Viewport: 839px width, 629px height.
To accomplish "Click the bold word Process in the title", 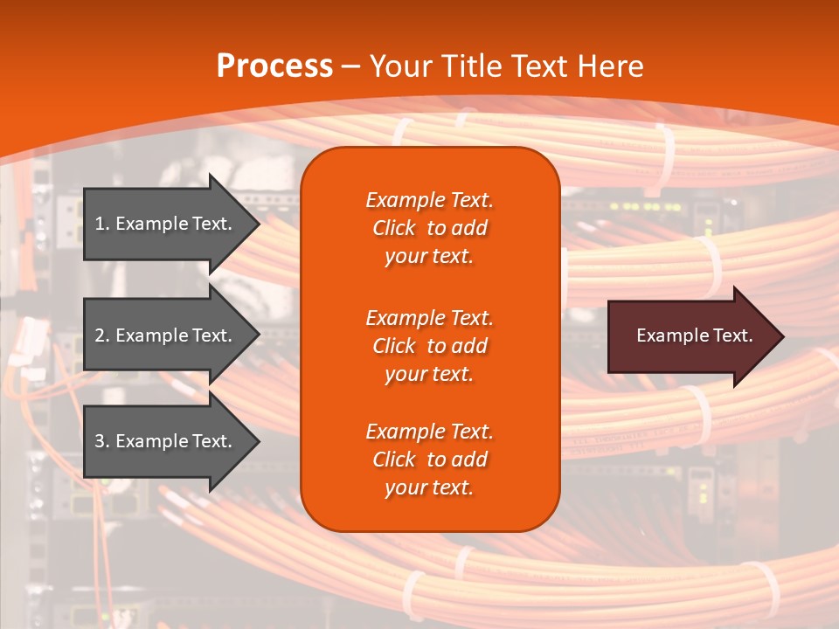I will click(x=274, y=66).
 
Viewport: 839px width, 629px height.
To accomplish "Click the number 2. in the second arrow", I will click(x=101, y=335).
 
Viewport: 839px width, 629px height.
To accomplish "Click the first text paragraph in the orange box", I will click(x=429, y=228).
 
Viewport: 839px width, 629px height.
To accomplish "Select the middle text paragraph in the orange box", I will click(x=429, y=346).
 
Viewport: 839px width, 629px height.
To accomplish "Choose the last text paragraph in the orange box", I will click(x=429, y=460).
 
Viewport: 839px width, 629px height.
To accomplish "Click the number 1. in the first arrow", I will click(x=101, y=224).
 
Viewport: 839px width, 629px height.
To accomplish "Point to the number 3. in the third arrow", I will click(x=101, y=441).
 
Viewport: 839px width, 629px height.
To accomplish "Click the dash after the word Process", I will click(x=351, y=66).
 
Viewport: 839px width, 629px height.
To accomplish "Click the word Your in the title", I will click(x=401, y=66).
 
